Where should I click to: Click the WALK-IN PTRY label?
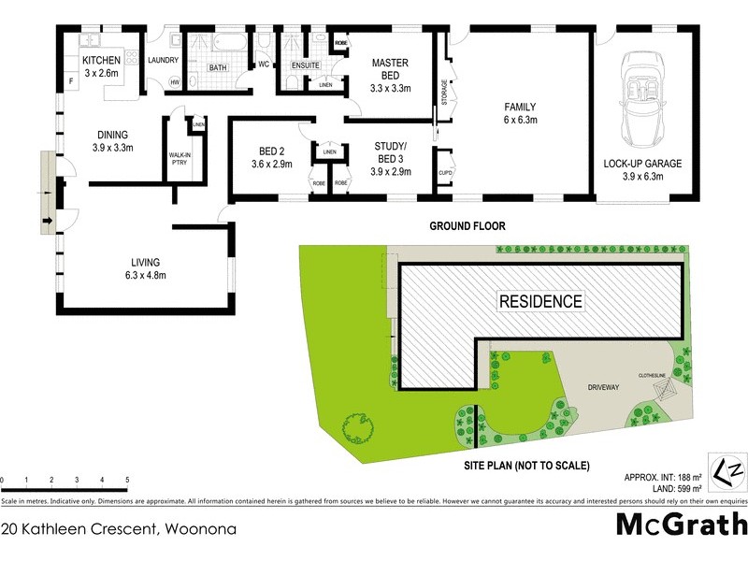pos(179,159)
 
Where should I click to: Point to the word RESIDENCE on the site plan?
pos(539,301)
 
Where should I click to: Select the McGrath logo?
pos(682,524)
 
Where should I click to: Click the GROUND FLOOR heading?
pos(467,226)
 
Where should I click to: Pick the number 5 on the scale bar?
pos(126,480)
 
